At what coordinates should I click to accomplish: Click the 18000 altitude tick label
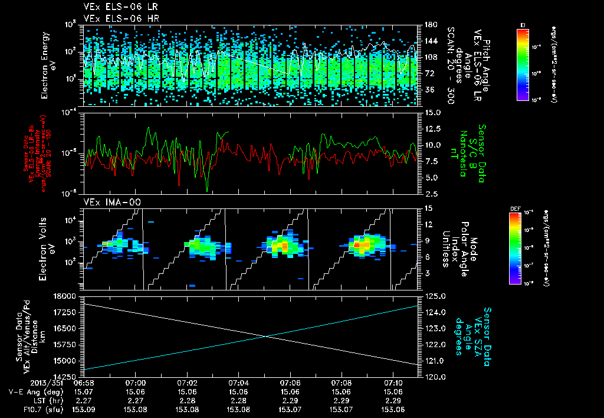coord(67,296)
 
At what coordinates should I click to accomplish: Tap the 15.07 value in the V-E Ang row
coord(84,391)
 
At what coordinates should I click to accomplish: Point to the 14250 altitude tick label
coord(67,376)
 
